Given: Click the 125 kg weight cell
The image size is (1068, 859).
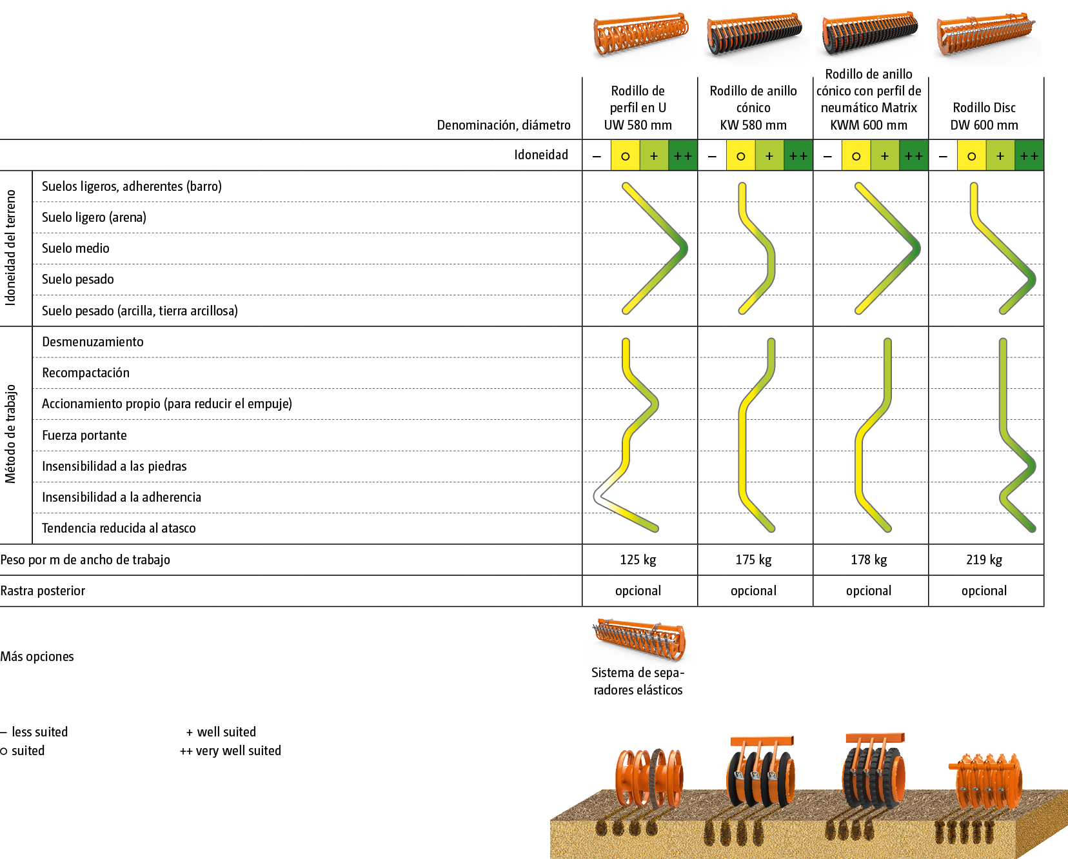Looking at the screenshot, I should [638, 560].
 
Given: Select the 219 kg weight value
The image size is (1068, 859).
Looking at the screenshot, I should [984, 560].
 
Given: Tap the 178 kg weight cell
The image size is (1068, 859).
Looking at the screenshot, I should [869, 560].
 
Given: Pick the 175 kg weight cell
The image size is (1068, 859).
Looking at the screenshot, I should [753, 560].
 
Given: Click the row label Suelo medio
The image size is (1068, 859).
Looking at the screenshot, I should [75, 248].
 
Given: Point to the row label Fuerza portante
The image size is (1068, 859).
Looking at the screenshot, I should [84, 435].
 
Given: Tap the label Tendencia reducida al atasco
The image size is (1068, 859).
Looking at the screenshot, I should [119, 528].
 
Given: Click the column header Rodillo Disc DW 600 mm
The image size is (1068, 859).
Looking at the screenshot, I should [984, 116].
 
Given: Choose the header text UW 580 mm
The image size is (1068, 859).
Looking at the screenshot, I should [638, 125].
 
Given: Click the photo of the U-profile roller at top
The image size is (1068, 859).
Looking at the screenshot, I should [642, 39].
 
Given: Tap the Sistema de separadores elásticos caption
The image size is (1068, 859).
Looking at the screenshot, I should [638, 682].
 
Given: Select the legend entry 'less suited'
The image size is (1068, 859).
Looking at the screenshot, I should [35, 732].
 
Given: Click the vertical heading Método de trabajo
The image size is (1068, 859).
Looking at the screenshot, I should [11, 434].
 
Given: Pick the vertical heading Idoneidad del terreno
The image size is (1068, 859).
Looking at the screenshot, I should [11, 248].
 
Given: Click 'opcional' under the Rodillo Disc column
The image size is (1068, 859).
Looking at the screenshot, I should [984, 591].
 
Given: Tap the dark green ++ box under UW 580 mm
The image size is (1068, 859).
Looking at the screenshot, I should [683, 156].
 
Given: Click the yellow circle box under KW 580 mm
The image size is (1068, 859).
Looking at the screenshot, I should [740, 156].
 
